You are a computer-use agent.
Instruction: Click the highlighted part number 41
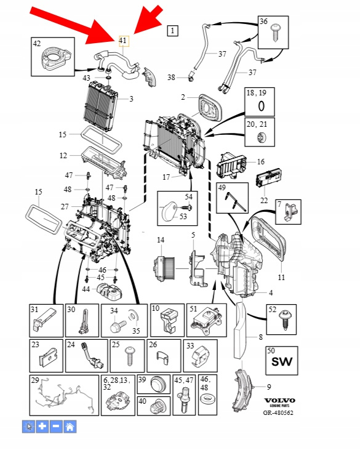pyautogui.click(x=124, y=41)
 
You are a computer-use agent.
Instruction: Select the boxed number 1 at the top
pyautogui.click(x=172, y=30)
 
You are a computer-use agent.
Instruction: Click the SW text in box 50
pyautogui.click(x=282, y=361)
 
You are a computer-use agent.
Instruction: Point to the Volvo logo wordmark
pyautogui.click(x=279, y=400)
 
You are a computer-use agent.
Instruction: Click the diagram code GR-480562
pyautogui.click(x=279, y=412)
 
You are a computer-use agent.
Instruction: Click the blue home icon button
pyautogui.click(x=70, y=427)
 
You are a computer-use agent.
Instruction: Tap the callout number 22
pyautogui.click(x=263, y=200)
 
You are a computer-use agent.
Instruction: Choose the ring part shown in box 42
pyautogui.click(x=54, y=59)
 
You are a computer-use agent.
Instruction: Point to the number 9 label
pyautogui.click(x=269, y=387)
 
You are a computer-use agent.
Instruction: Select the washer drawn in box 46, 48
pyautogui.click(x=207, y=398)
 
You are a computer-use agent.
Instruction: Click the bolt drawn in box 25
pyautogui.click(x=129, y=356)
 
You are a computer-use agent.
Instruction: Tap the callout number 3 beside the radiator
pyautogui.click(x=131, y=99)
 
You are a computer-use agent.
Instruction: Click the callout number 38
pyautogui.click(x=171, y=77)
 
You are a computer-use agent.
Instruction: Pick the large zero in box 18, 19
pyautogui.click(x=261, y=106)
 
